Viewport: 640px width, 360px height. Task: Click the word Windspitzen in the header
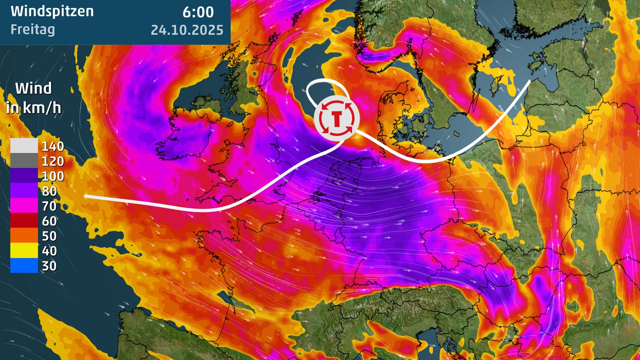[52, 11]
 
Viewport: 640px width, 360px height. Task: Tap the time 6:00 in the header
[198, 12]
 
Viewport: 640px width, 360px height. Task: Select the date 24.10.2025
[187, 30]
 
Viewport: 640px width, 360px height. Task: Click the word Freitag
[33, 29]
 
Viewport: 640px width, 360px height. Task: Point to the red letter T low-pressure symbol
[337, 118]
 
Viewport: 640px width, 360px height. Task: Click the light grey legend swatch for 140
[24, 146]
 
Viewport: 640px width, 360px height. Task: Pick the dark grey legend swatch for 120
[24, 161]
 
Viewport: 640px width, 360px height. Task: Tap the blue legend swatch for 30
[24, 266]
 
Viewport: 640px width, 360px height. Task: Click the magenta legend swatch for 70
[24, 206]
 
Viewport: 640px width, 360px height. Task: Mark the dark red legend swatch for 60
[24, 221]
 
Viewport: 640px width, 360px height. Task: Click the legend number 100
[53, 176]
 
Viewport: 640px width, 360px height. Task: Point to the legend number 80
[49, 191]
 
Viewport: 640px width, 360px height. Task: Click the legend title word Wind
[33, 88]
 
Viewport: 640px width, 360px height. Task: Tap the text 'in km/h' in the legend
[33, 108]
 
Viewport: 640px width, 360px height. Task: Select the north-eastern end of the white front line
[530, 81]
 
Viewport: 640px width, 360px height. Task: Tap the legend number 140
[53, 146]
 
